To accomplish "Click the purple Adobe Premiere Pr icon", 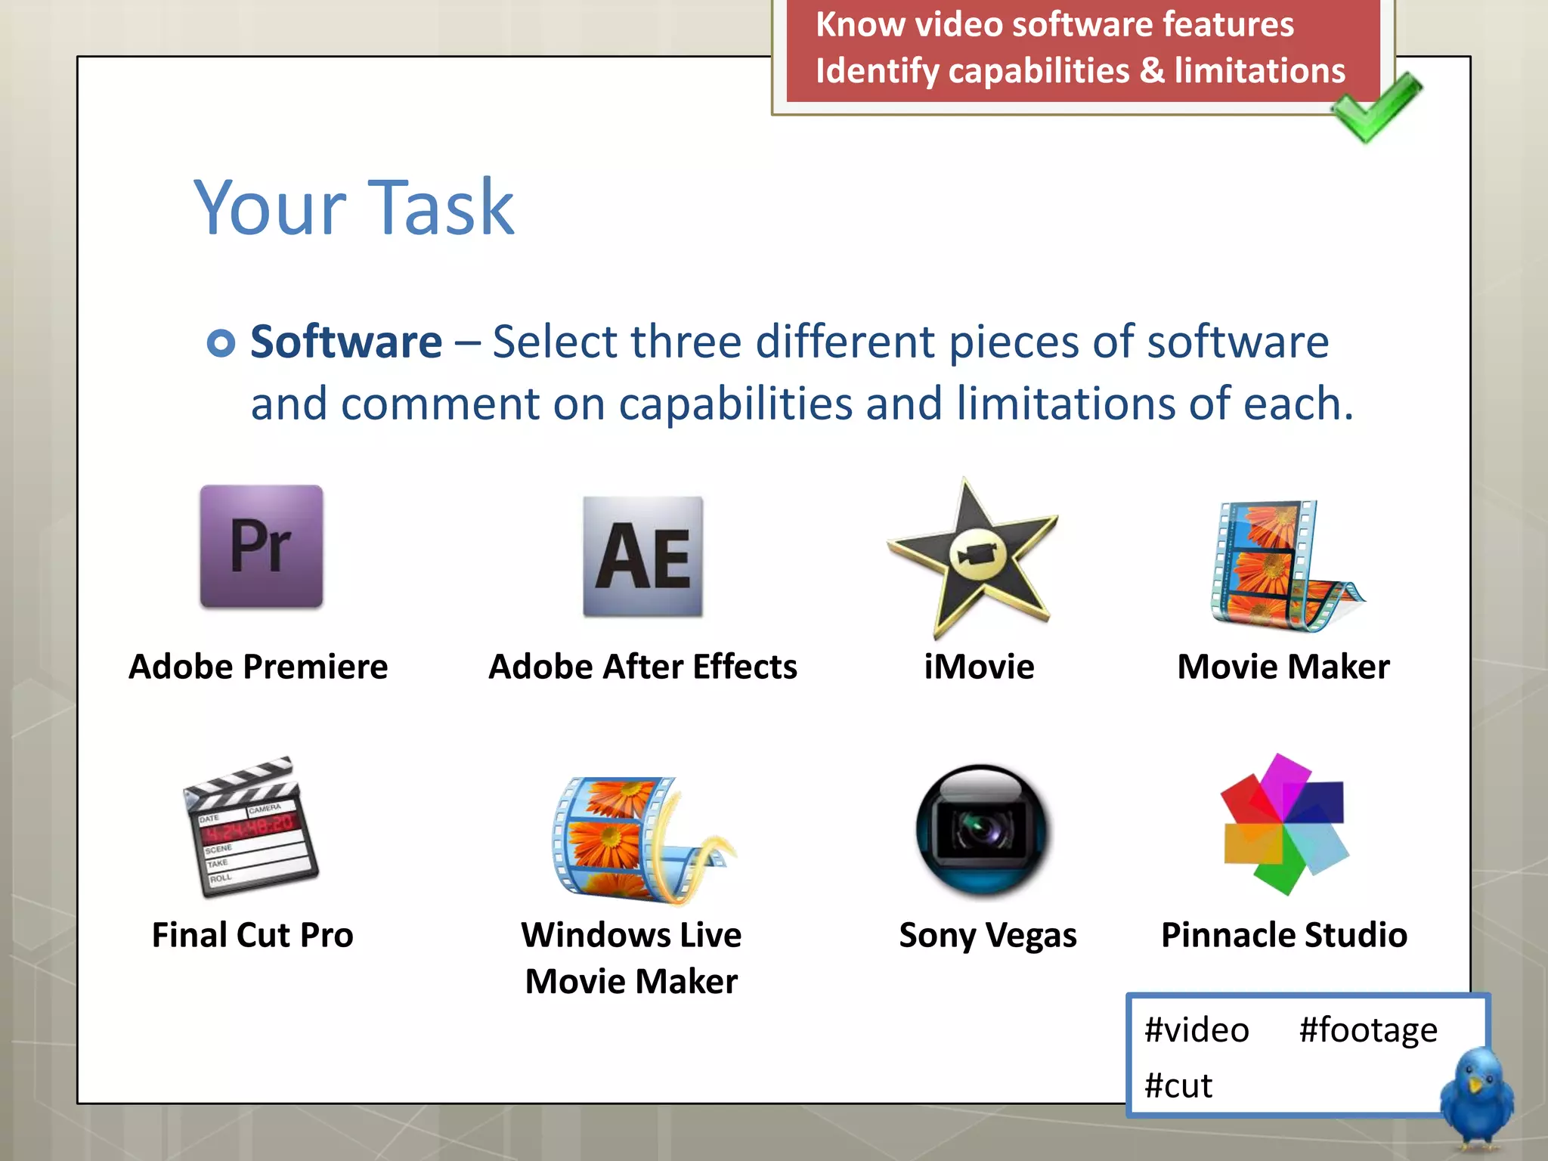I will pyautogui.click(x=262, y=546).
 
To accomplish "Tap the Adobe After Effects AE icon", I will pyautogui.click(x=642, y=557).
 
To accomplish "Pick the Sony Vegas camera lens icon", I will pyautogui.click(x=981, y=830).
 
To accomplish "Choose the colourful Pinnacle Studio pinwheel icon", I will pyautogui.click(x=1284, y=824).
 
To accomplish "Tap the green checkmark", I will pyautogui.click(x=1376, y=107).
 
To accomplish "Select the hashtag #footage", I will pyautogui.click(x=1368, y=1030).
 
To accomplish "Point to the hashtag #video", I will pyautogui.click(x=1197, y=1030).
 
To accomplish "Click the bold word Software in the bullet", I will pyautogui.click(x=346, y=342).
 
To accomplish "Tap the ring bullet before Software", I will pyautogui.click(x=221, y=343).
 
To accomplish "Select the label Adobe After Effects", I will pyautogui.click(x=642, y=667).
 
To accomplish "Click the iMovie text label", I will pyautogui.click(x=979, y=667).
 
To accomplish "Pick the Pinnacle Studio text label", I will pyautogui.click(x=1284, y=935).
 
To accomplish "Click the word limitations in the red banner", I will pyautogui.click(x=1260, y=71).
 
